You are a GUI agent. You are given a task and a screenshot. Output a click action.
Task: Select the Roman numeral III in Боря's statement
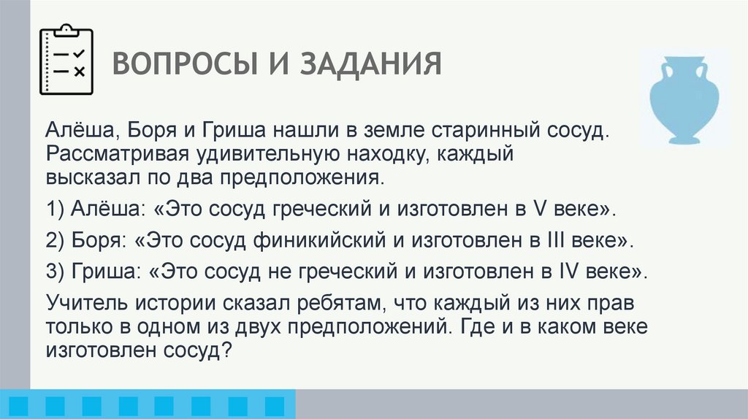(x=563, y=239)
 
